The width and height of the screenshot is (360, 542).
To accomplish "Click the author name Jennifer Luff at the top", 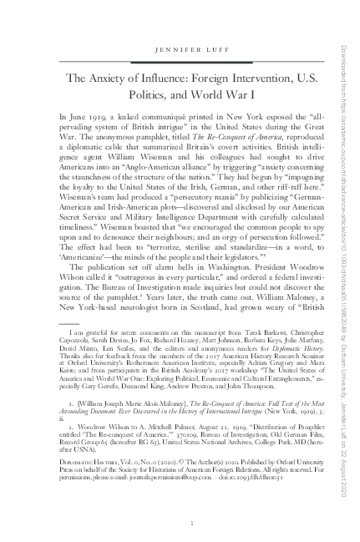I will tap(179, 50).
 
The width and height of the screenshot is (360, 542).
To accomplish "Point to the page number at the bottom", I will tap(179, 523).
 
